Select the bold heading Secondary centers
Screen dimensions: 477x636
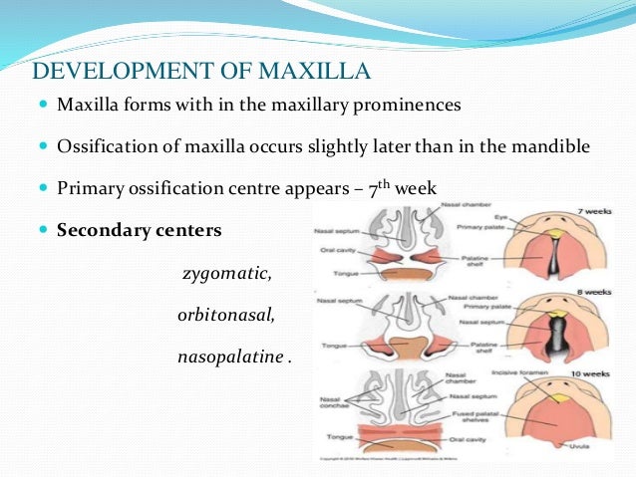click(x=140, y=231)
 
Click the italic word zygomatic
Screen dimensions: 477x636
click(x=226, y=273)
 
